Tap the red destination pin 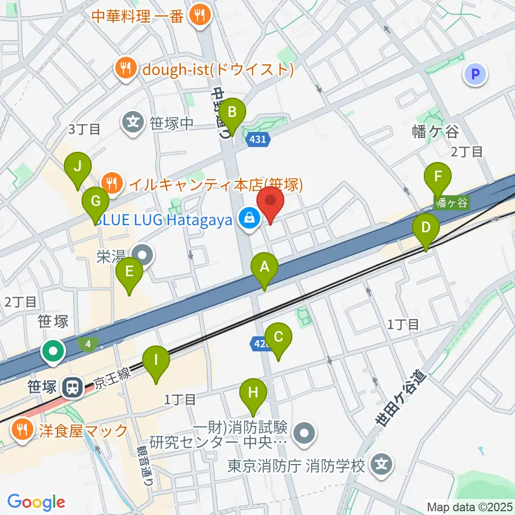click(270, 205)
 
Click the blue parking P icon click(476, 74)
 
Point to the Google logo click(36, 502)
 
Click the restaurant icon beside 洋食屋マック click(22, 429)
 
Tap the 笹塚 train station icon click(70, 386)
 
